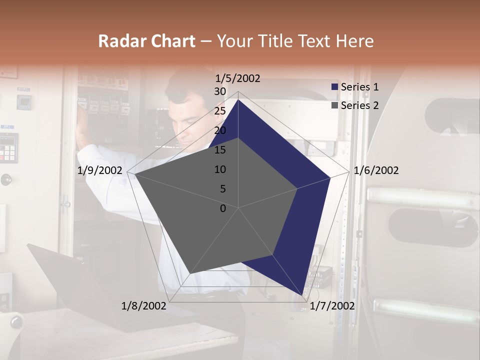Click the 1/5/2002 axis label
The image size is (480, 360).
(237, 78)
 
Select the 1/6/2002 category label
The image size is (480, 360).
(376, 170)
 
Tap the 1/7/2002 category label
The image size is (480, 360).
(332, 305)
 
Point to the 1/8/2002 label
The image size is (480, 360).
(144, 305)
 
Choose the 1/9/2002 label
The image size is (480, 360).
(100, 170)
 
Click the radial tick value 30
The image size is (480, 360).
(220, 91)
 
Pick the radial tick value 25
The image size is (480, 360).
(220, 111)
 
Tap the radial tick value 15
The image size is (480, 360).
(220, 150)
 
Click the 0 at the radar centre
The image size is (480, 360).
(223, 208)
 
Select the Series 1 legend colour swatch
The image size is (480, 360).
(335, 87)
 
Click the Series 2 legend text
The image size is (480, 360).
(359, 105)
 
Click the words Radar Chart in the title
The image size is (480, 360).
(146, 41)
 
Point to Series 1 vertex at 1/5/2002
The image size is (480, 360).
(238, 99)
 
